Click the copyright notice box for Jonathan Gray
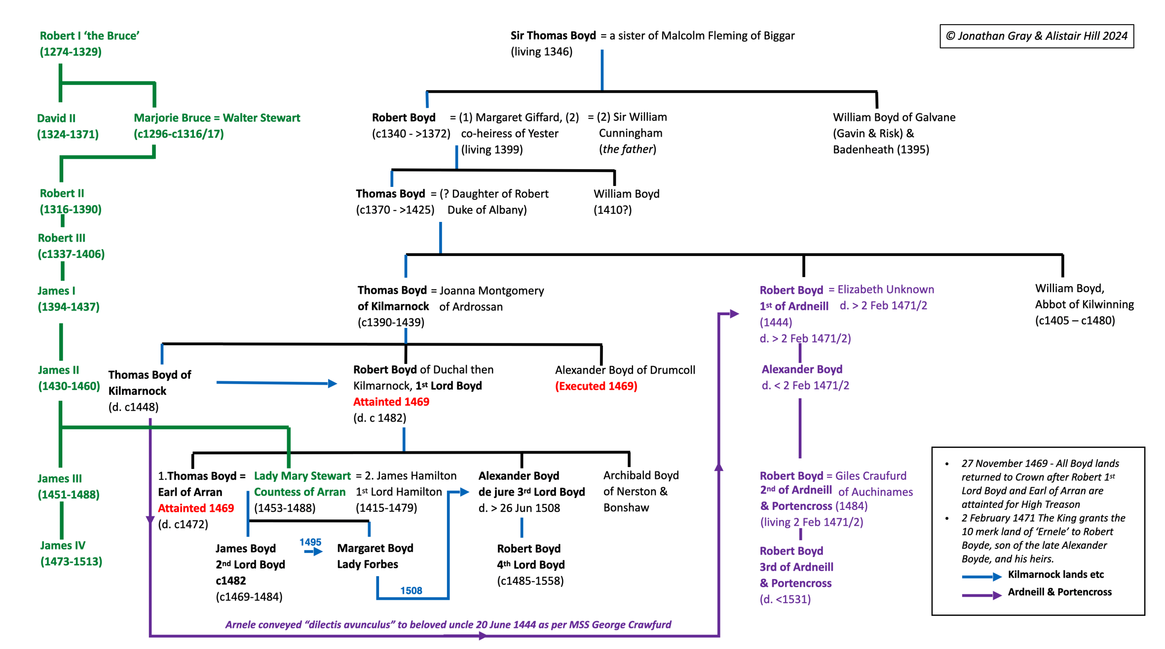click(1036, 36)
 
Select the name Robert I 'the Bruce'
click(89, 36)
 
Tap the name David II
click(56, 118)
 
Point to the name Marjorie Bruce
click(172, 118)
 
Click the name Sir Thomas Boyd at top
click(552, 35)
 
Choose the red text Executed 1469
click(596, 386)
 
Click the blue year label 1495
click(310, 542)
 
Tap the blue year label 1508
click(411, 590)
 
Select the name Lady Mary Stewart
click(302, 476)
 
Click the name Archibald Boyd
click(641, 475)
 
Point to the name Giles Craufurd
click(871, 476)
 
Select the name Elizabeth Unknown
click(886, 290)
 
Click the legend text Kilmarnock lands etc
click(1056, 574)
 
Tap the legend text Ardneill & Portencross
click(1059, 592)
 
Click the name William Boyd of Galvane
click(894, 117)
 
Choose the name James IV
click(63, 545)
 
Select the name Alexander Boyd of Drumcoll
click(625, 370)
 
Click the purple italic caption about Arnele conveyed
click(448, 624)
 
